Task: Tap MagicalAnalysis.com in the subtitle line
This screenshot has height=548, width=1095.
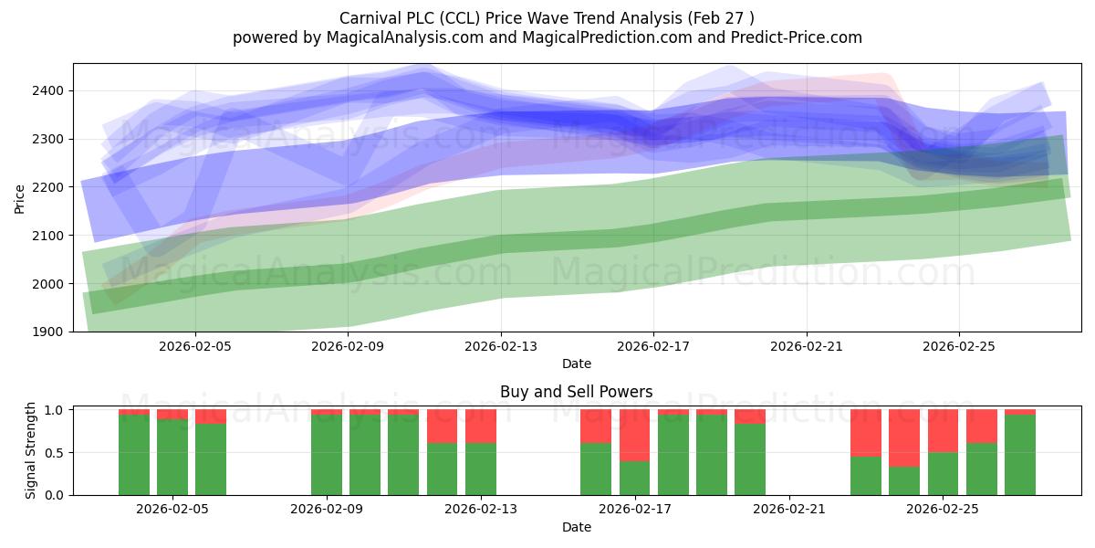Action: pyautogui.click(x=405, y=37)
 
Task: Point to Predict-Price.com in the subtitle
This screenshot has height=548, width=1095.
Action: pyautogui.click(x=797, y=37)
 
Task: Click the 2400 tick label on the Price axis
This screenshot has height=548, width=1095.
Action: pyautogui.click(x=47, y=91)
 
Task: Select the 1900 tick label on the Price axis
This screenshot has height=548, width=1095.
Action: pyautogui.click(x=47, y=332)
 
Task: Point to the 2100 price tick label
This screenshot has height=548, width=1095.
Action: pyautogui.click(x=47, y=236)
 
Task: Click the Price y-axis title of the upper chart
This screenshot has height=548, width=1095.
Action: pyautogui.click(x=19, y=200)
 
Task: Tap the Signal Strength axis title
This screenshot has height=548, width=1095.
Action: pyautogui.click(x=30, y=450)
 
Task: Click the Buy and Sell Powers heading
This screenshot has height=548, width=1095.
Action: pyautogui.click(x=577, y=392)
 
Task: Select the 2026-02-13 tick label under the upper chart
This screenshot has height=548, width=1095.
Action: pyautogui.click(x=501, y=347)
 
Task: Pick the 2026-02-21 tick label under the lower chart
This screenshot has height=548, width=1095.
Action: pyautogui.click(x=789, y=510)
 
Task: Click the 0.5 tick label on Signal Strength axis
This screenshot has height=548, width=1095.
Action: pyautogui.click(x=54, y=453)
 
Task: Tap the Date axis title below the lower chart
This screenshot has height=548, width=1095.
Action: pyautogui.click(x=577, y=528)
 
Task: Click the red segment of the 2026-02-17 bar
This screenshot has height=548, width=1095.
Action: pyautogui.click(x=634, y=436)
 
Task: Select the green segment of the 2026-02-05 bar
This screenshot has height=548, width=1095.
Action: pyautogui.click(x=172, y=458)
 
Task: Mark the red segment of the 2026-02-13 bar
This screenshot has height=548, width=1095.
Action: pyautogui.click(x=481, y=427)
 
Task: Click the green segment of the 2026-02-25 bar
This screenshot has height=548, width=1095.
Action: pyautogui.click(x=943, y=474)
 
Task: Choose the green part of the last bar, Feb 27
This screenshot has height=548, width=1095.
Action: pyautogui.click(x=1020, y=455)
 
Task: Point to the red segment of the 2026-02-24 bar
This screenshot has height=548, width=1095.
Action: pyautogui.click(x=904, y=438)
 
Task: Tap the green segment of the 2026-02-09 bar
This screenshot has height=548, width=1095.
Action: pyautogui.click(x=327, y=455)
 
